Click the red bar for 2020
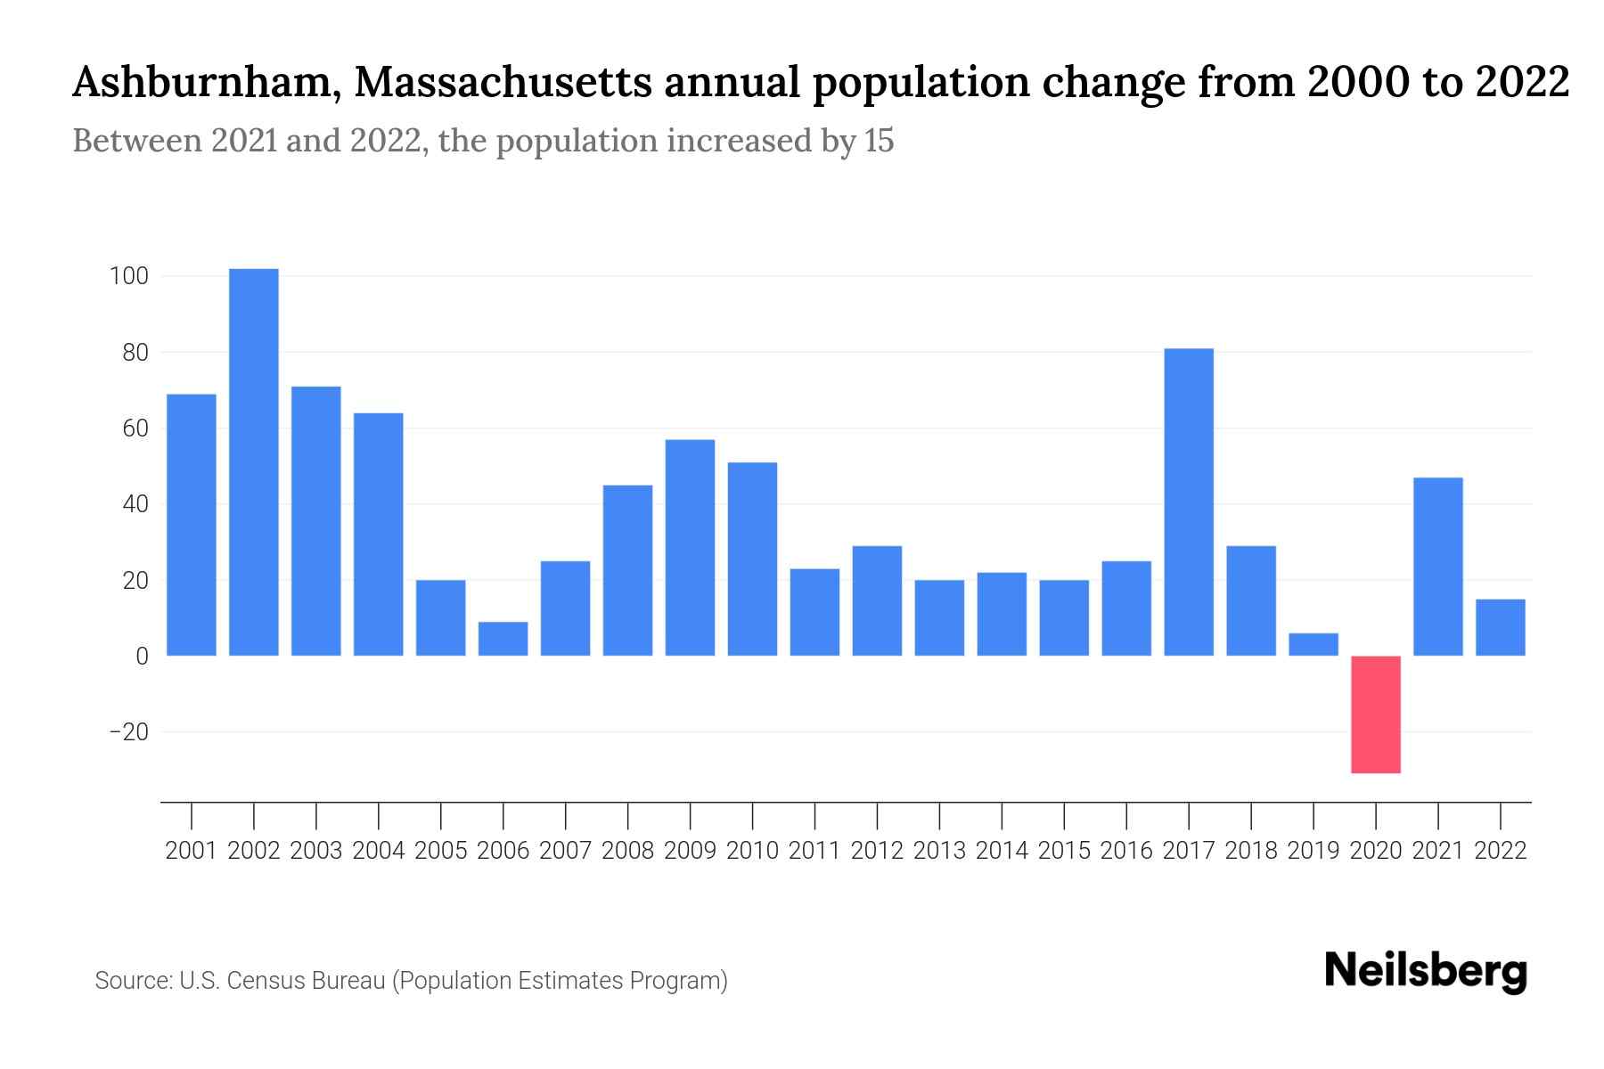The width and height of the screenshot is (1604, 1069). pos(1376,714)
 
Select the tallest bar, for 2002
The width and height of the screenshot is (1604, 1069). pos(254,462)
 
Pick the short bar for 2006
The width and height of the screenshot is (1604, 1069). pos(503,639)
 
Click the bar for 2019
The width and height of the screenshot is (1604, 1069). pos(1313,644)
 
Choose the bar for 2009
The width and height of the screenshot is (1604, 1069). pos(691,548)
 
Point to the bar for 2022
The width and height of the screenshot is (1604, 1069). pos(1501,628)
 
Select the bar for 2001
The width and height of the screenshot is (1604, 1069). pos(192,525)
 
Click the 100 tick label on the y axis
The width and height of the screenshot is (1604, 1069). pos(128,276)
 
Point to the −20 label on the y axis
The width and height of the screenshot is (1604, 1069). pos(128,732)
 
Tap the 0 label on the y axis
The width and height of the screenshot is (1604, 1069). pos(142,657)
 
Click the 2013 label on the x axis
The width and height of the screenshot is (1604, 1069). pos(939,851)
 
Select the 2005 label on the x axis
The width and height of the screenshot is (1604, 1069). pos(441,851)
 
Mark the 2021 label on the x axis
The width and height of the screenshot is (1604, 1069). pos(1438,851)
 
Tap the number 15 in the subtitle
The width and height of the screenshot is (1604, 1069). pos(878,141)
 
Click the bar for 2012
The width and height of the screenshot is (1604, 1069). pos(877,601)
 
